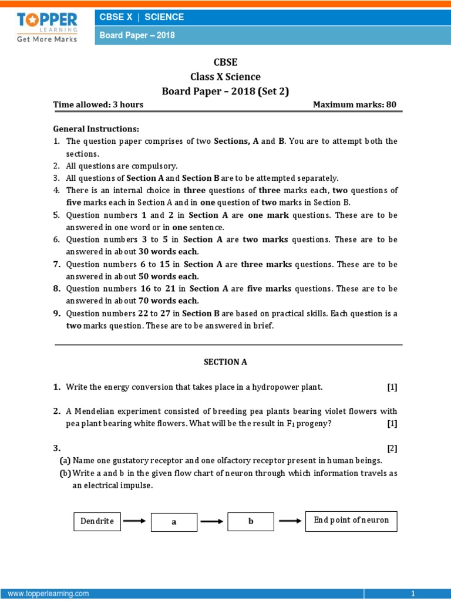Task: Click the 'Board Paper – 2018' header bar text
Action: (x=137, y=35)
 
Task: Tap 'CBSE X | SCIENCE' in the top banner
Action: (x=142, y=17)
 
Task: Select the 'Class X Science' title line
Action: (x=225, y=77)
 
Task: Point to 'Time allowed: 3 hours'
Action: (x=98, y=105)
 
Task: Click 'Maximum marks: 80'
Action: (x=355, y=105)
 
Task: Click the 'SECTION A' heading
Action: (x=225, y=362)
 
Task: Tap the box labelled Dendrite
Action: (x=97, y=521)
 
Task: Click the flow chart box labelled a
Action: (x=174, y=522)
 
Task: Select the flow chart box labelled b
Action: (x=251, y=521)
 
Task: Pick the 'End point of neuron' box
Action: (x=351, y=521)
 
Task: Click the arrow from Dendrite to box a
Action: (x=134, y=520)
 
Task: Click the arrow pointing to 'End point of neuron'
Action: (x=290, y=520)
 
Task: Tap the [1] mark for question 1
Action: (x=392, y=387)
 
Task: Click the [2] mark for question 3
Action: (x=392, y=448)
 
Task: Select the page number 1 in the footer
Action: (x=413, y=594)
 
